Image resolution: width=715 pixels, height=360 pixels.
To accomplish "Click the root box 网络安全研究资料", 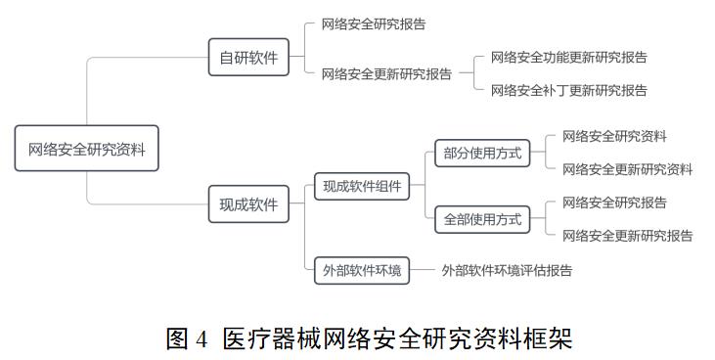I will coord(86,150).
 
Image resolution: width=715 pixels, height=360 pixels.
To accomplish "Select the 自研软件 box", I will coord(248,58).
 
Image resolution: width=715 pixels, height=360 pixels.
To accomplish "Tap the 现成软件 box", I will coord(248,204).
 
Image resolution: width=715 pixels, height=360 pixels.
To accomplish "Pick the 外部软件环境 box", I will coord(362,271).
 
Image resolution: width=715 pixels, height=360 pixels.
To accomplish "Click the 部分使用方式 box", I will coord(482,153).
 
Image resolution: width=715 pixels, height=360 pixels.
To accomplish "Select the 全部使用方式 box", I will coord(482,220).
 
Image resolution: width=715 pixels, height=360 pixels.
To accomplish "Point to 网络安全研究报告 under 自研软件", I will coord(374,23).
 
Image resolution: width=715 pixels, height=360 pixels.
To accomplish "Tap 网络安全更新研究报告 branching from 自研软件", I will coord(386,73).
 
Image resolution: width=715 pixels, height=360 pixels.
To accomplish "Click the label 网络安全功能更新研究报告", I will coord(568,58).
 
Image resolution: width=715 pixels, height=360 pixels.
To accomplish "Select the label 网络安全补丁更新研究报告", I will coord(568,91).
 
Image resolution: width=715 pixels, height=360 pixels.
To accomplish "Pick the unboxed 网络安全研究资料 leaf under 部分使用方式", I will coord(614,137).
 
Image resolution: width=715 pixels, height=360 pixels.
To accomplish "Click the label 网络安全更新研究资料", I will coord(627,169).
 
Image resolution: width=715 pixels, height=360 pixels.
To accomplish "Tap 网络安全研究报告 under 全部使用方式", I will coord(614,202).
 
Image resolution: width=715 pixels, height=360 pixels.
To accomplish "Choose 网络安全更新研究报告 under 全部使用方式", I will coord(627,236).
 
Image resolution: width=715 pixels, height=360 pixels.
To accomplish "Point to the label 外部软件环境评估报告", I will coord(507,271).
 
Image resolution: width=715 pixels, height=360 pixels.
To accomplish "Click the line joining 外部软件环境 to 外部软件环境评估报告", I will coord(423,271).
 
